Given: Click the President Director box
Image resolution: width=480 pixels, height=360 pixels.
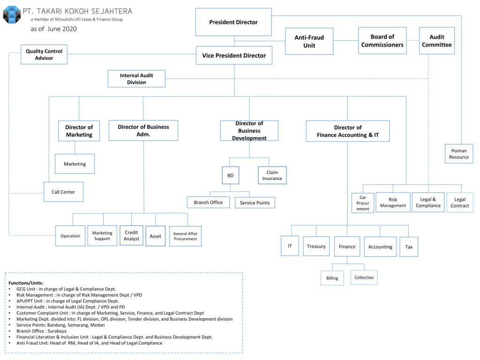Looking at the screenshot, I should [233, 22].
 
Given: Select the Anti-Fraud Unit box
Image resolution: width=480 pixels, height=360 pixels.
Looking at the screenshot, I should [309, 41].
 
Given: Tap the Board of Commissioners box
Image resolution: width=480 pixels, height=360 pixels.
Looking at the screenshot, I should [382, 41].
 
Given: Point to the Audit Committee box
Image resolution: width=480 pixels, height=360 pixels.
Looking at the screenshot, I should [436, 41].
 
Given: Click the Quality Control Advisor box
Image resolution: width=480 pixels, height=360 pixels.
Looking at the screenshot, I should [44, 54].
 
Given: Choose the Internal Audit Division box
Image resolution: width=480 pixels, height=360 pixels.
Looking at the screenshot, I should [136, 79].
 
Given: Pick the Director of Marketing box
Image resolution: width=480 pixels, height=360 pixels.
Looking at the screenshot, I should [79, 131].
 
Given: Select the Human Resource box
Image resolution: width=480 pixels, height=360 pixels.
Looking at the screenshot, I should [458, 154].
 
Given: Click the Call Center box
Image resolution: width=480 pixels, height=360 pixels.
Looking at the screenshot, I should [63, 192].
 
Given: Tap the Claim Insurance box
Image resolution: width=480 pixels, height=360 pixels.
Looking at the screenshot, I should [272, 175].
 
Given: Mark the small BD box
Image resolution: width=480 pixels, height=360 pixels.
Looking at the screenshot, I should [230, 176].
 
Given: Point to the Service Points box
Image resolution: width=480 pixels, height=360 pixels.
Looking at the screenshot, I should [255, 202].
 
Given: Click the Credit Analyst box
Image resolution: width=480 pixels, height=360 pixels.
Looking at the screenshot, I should [131, 235].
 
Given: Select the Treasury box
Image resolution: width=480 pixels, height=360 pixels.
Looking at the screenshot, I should [316, 246].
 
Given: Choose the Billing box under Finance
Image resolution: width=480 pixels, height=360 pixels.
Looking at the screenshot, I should [332, 278].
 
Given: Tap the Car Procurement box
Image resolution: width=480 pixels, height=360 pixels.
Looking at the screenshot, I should [363, 203].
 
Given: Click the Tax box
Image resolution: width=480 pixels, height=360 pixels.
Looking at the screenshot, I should [409, 247].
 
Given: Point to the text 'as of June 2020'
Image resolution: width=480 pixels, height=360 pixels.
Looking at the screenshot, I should [53, 29].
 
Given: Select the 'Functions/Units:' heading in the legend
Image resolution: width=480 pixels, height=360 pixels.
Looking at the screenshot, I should [26, 283].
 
